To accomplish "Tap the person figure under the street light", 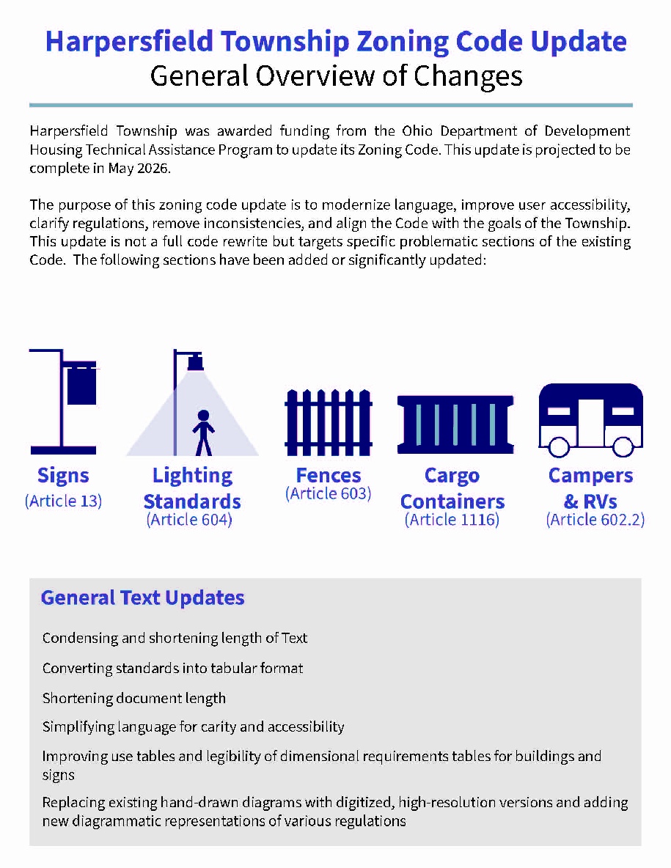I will click(203, 432).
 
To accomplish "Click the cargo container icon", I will click(455, 424).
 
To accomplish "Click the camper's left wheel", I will click(560, 446).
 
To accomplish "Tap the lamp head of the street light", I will click(195, 361).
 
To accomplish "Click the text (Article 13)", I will click(63, 501).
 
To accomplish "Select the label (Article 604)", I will click(189, 520).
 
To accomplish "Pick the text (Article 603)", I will click(328, 493).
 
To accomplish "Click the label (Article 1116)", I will click(452, 520).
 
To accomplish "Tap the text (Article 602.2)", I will click(595, 520).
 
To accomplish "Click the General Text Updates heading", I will click(142, 597).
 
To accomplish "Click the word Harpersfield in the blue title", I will click(129, 43).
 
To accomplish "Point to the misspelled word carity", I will click(223, 727).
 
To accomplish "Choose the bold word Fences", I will click(328, 475).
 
